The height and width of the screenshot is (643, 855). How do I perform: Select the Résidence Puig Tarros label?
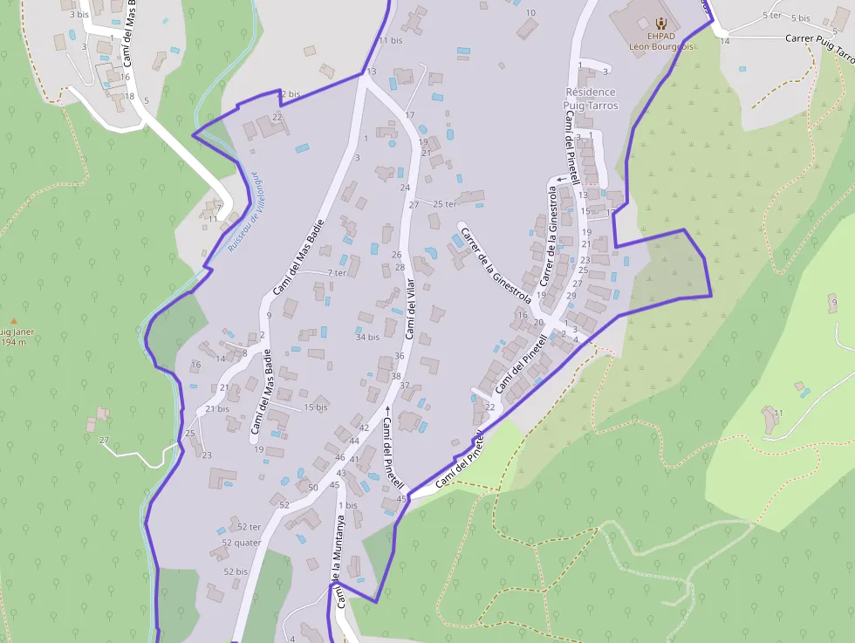pyautogui.click(x=591, y=99)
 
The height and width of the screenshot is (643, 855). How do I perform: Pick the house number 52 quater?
pyautogui.click(x=241, y=542)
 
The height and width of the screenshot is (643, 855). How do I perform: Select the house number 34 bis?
pyautogui.click(x=367, y=337)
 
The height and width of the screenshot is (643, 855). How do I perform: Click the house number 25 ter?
pyautogui.click(x=445, y=204)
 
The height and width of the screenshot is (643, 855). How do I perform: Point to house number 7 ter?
pyautogui.click(x=337, y=273)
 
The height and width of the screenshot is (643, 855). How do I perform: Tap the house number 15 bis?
pyautogui.click(x=316, y=407)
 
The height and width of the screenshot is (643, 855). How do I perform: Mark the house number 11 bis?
pyautogui.click(x=391, y=40)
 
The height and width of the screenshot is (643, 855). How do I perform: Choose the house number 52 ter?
pyautogui.click(x=250, y=527)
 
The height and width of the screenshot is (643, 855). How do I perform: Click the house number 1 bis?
pyautogui.click(x=347, y=505)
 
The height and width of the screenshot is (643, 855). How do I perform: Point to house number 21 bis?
pyautogui.click(x=217, y=408)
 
